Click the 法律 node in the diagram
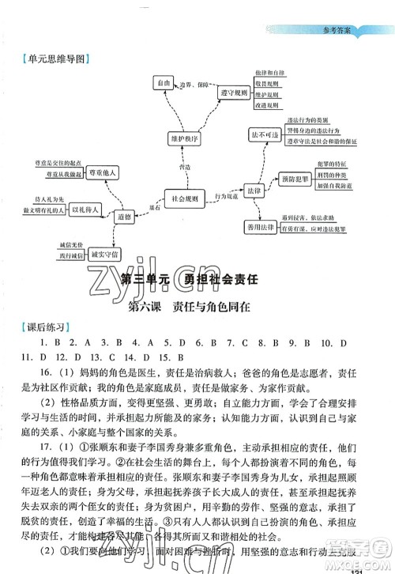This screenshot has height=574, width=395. point(249,191)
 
